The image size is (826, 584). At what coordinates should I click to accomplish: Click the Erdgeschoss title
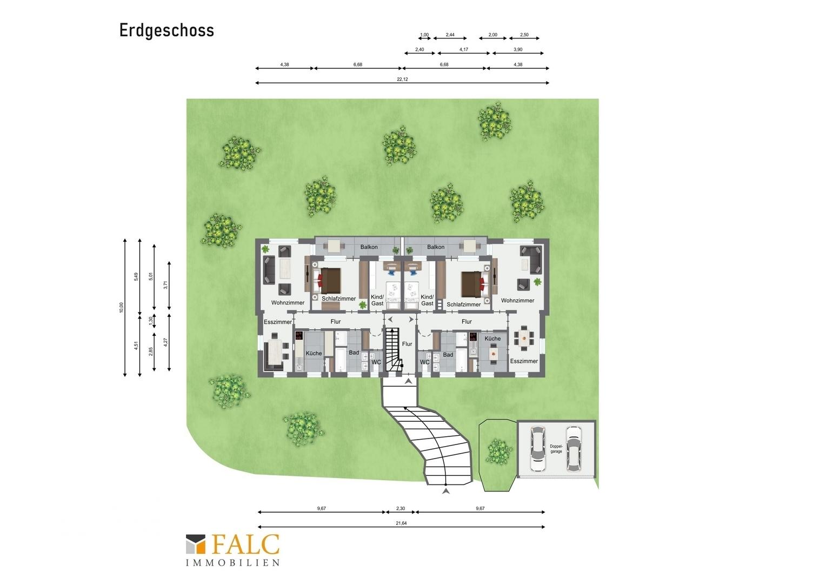[166, 31]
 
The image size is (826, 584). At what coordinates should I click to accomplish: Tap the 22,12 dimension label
[402, 79]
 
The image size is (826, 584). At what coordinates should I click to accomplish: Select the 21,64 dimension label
[401, 523]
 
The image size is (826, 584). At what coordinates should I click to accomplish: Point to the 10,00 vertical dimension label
[121, 307]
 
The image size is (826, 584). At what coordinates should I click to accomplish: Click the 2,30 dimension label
[401, 508]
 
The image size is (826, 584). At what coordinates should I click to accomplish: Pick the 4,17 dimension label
[463, 49]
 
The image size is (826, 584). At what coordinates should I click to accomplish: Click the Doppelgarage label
[556, 449]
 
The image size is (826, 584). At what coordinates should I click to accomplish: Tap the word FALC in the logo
[245, 545]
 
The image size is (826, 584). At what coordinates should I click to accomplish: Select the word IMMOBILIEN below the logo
[232, 563]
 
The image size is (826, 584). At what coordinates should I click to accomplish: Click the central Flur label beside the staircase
[407, 344]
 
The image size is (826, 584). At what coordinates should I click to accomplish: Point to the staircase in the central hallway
[393, 349]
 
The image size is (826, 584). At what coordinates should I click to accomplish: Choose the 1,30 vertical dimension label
[150, 321]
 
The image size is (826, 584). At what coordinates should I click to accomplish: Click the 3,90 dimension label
[518, 49]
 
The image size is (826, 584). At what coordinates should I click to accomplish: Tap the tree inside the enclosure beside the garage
[499, 452]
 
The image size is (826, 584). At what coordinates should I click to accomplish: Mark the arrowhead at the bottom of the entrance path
[446, 491]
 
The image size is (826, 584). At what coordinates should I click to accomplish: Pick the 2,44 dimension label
[450, 35]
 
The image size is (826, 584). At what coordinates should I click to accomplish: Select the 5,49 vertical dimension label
[136, 277]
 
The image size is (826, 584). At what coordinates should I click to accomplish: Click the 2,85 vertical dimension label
[150, 351]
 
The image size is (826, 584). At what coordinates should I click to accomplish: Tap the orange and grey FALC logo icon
[196, 544]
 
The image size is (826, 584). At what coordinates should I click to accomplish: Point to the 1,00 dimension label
[424, 35]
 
